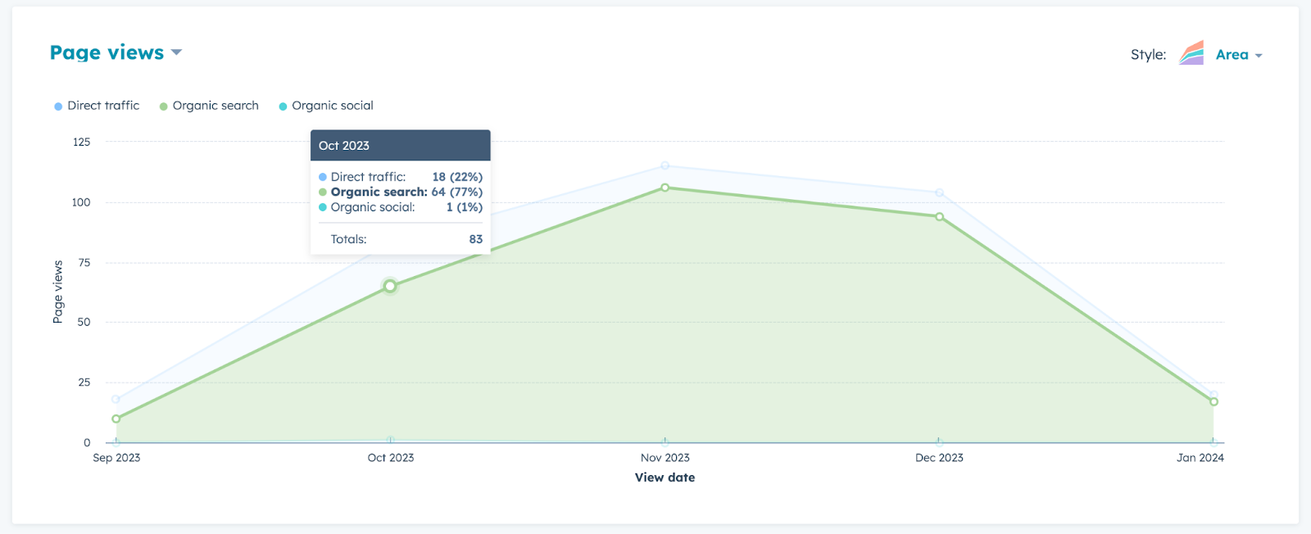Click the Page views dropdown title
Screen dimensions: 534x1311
click(115, 52)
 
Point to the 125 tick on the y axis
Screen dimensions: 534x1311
click(81, 142)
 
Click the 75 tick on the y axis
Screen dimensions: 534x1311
click(84, 262)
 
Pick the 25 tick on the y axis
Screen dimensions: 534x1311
click(84, 382)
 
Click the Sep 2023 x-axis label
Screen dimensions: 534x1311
click(116, 458)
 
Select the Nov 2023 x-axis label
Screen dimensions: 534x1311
click(665, 458)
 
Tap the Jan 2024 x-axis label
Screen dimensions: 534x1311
click(1200, 458)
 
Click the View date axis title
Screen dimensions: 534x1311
click(665, 477)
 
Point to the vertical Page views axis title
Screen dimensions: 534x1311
click(58, 292)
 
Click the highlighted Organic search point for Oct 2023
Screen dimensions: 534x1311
click(390, 286)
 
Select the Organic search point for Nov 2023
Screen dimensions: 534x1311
click(665, 188)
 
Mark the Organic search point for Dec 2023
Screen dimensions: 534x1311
click(939, 217)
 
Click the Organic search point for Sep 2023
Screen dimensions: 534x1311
click(116, 419)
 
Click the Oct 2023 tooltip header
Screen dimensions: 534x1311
click(400, 146)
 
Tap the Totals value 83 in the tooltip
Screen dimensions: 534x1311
click(475, 239)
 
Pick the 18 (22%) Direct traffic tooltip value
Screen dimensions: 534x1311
click(457, 177)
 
